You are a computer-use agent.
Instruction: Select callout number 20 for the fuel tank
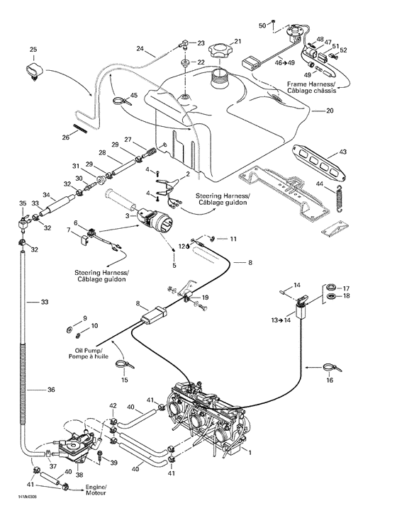[329, 111]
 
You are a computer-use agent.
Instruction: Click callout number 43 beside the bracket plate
[343, 152]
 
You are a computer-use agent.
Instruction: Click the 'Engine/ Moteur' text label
[96, 491]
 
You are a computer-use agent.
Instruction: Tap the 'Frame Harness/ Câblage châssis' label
[312, 88]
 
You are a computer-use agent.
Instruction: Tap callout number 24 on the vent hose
[140, 50]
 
